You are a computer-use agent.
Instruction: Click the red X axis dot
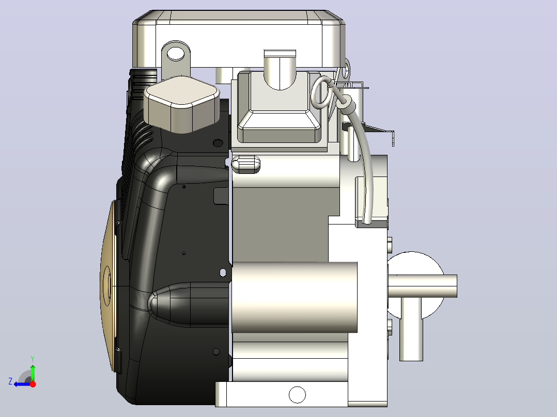point(33,384)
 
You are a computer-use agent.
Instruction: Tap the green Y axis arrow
point(33,373)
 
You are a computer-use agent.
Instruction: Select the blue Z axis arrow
point(22,384)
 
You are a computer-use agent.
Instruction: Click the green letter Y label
point(33,359)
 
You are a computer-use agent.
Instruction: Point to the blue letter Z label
point(10,381)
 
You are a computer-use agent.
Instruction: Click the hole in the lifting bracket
point(176,54)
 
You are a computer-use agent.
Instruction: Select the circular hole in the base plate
point(297,395)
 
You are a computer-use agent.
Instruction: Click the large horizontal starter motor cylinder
point(295,297)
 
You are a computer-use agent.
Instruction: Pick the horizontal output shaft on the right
point(422,286)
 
